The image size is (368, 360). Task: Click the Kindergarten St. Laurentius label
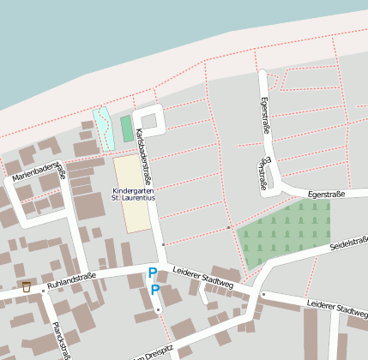[133, 194]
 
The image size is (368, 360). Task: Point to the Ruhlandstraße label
[71, 279]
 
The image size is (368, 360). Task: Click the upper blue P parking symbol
[153, 273]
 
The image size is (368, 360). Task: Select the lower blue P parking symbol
[155, 291]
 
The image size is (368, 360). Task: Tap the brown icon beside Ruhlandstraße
[27, 287]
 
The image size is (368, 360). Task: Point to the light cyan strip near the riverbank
[102, 128]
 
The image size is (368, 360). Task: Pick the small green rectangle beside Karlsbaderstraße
[127, 129]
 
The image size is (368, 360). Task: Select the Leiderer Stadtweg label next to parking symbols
[202, 276]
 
